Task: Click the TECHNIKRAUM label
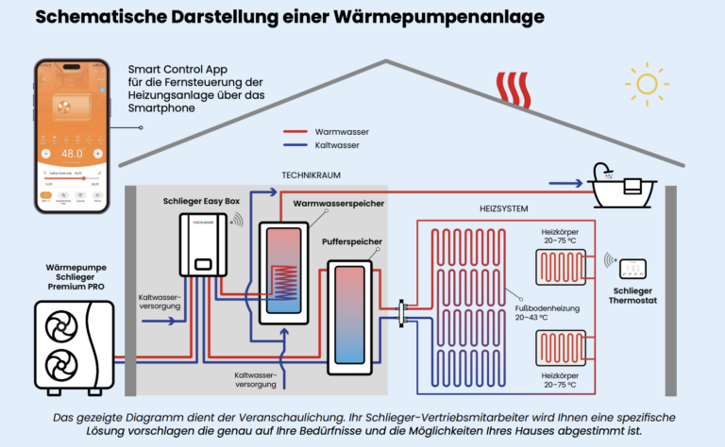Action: point(312,175)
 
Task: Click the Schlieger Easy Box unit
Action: point(202,245)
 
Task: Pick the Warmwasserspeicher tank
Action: point(282,269)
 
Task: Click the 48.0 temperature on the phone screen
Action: point(72,153)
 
